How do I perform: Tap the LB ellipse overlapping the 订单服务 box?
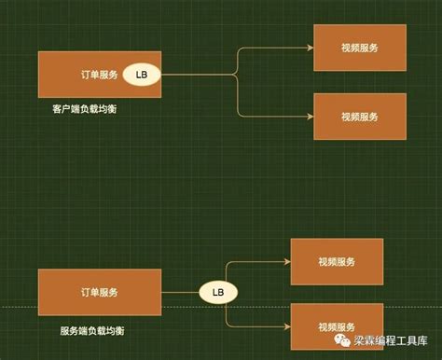pos(141,74)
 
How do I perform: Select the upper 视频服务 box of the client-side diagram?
pos(359,47)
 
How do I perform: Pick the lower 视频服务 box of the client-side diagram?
pos(359,117)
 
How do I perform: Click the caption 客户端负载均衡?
pos(85,110)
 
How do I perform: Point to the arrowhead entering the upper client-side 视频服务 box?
pos(310,47)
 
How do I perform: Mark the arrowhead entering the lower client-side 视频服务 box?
pos(310,117)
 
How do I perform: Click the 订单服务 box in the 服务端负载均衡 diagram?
pos(97,292)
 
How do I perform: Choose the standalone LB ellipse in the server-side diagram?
pos(218,292)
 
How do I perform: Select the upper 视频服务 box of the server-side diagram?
pos(337,261)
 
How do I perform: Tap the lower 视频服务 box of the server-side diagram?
pos(337,326)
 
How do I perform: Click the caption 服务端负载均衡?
pos(91,331)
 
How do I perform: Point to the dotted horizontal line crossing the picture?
pos(19,307)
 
